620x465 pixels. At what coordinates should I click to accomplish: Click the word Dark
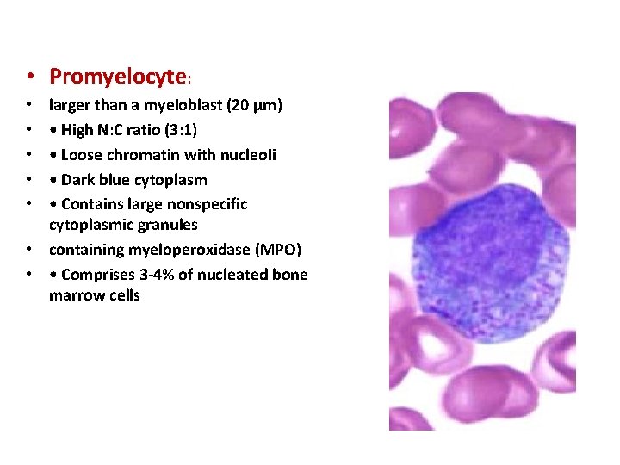(x=77, y=180)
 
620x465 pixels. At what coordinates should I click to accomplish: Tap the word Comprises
(x=96, y=275)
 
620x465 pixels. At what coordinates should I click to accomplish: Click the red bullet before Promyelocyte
(x=30, y=77)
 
